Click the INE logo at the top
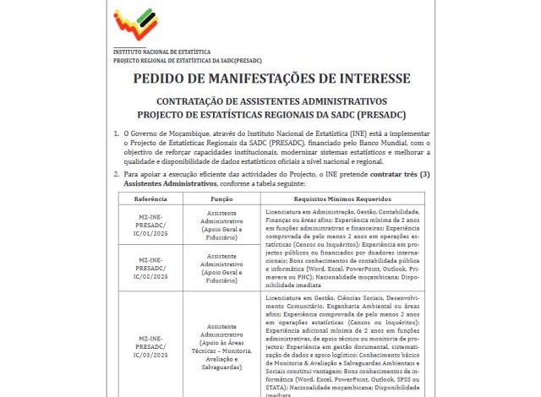point(139,26)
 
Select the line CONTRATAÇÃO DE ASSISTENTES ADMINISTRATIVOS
point(271,101)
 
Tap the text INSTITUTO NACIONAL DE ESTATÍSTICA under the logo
point(162,52)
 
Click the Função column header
point(221,198)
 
